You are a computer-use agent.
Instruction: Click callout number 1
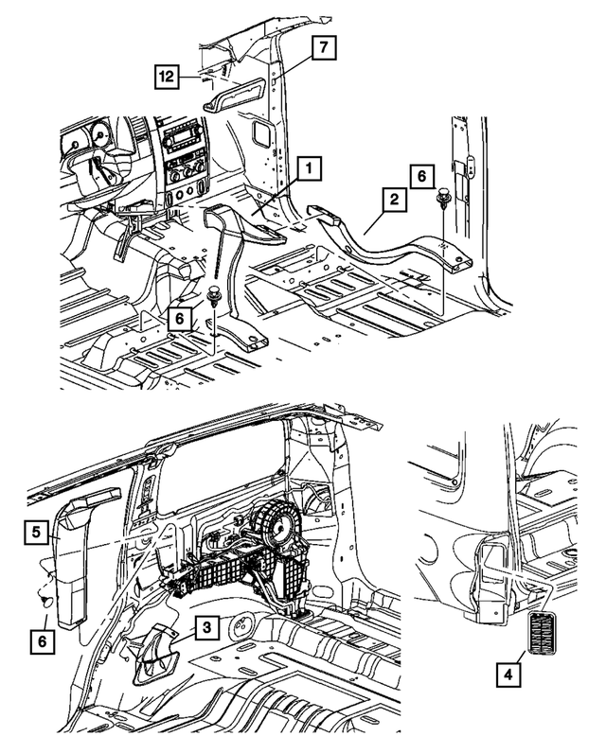point(308,169)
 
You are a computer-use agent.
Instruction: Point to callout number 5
point(35,533)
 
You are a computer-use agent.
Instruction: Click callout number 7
point(324,46)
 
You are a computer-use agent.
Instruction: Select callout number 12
point(167,77)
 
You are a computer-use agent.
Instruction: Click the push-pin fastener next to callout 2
point(442,201)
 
